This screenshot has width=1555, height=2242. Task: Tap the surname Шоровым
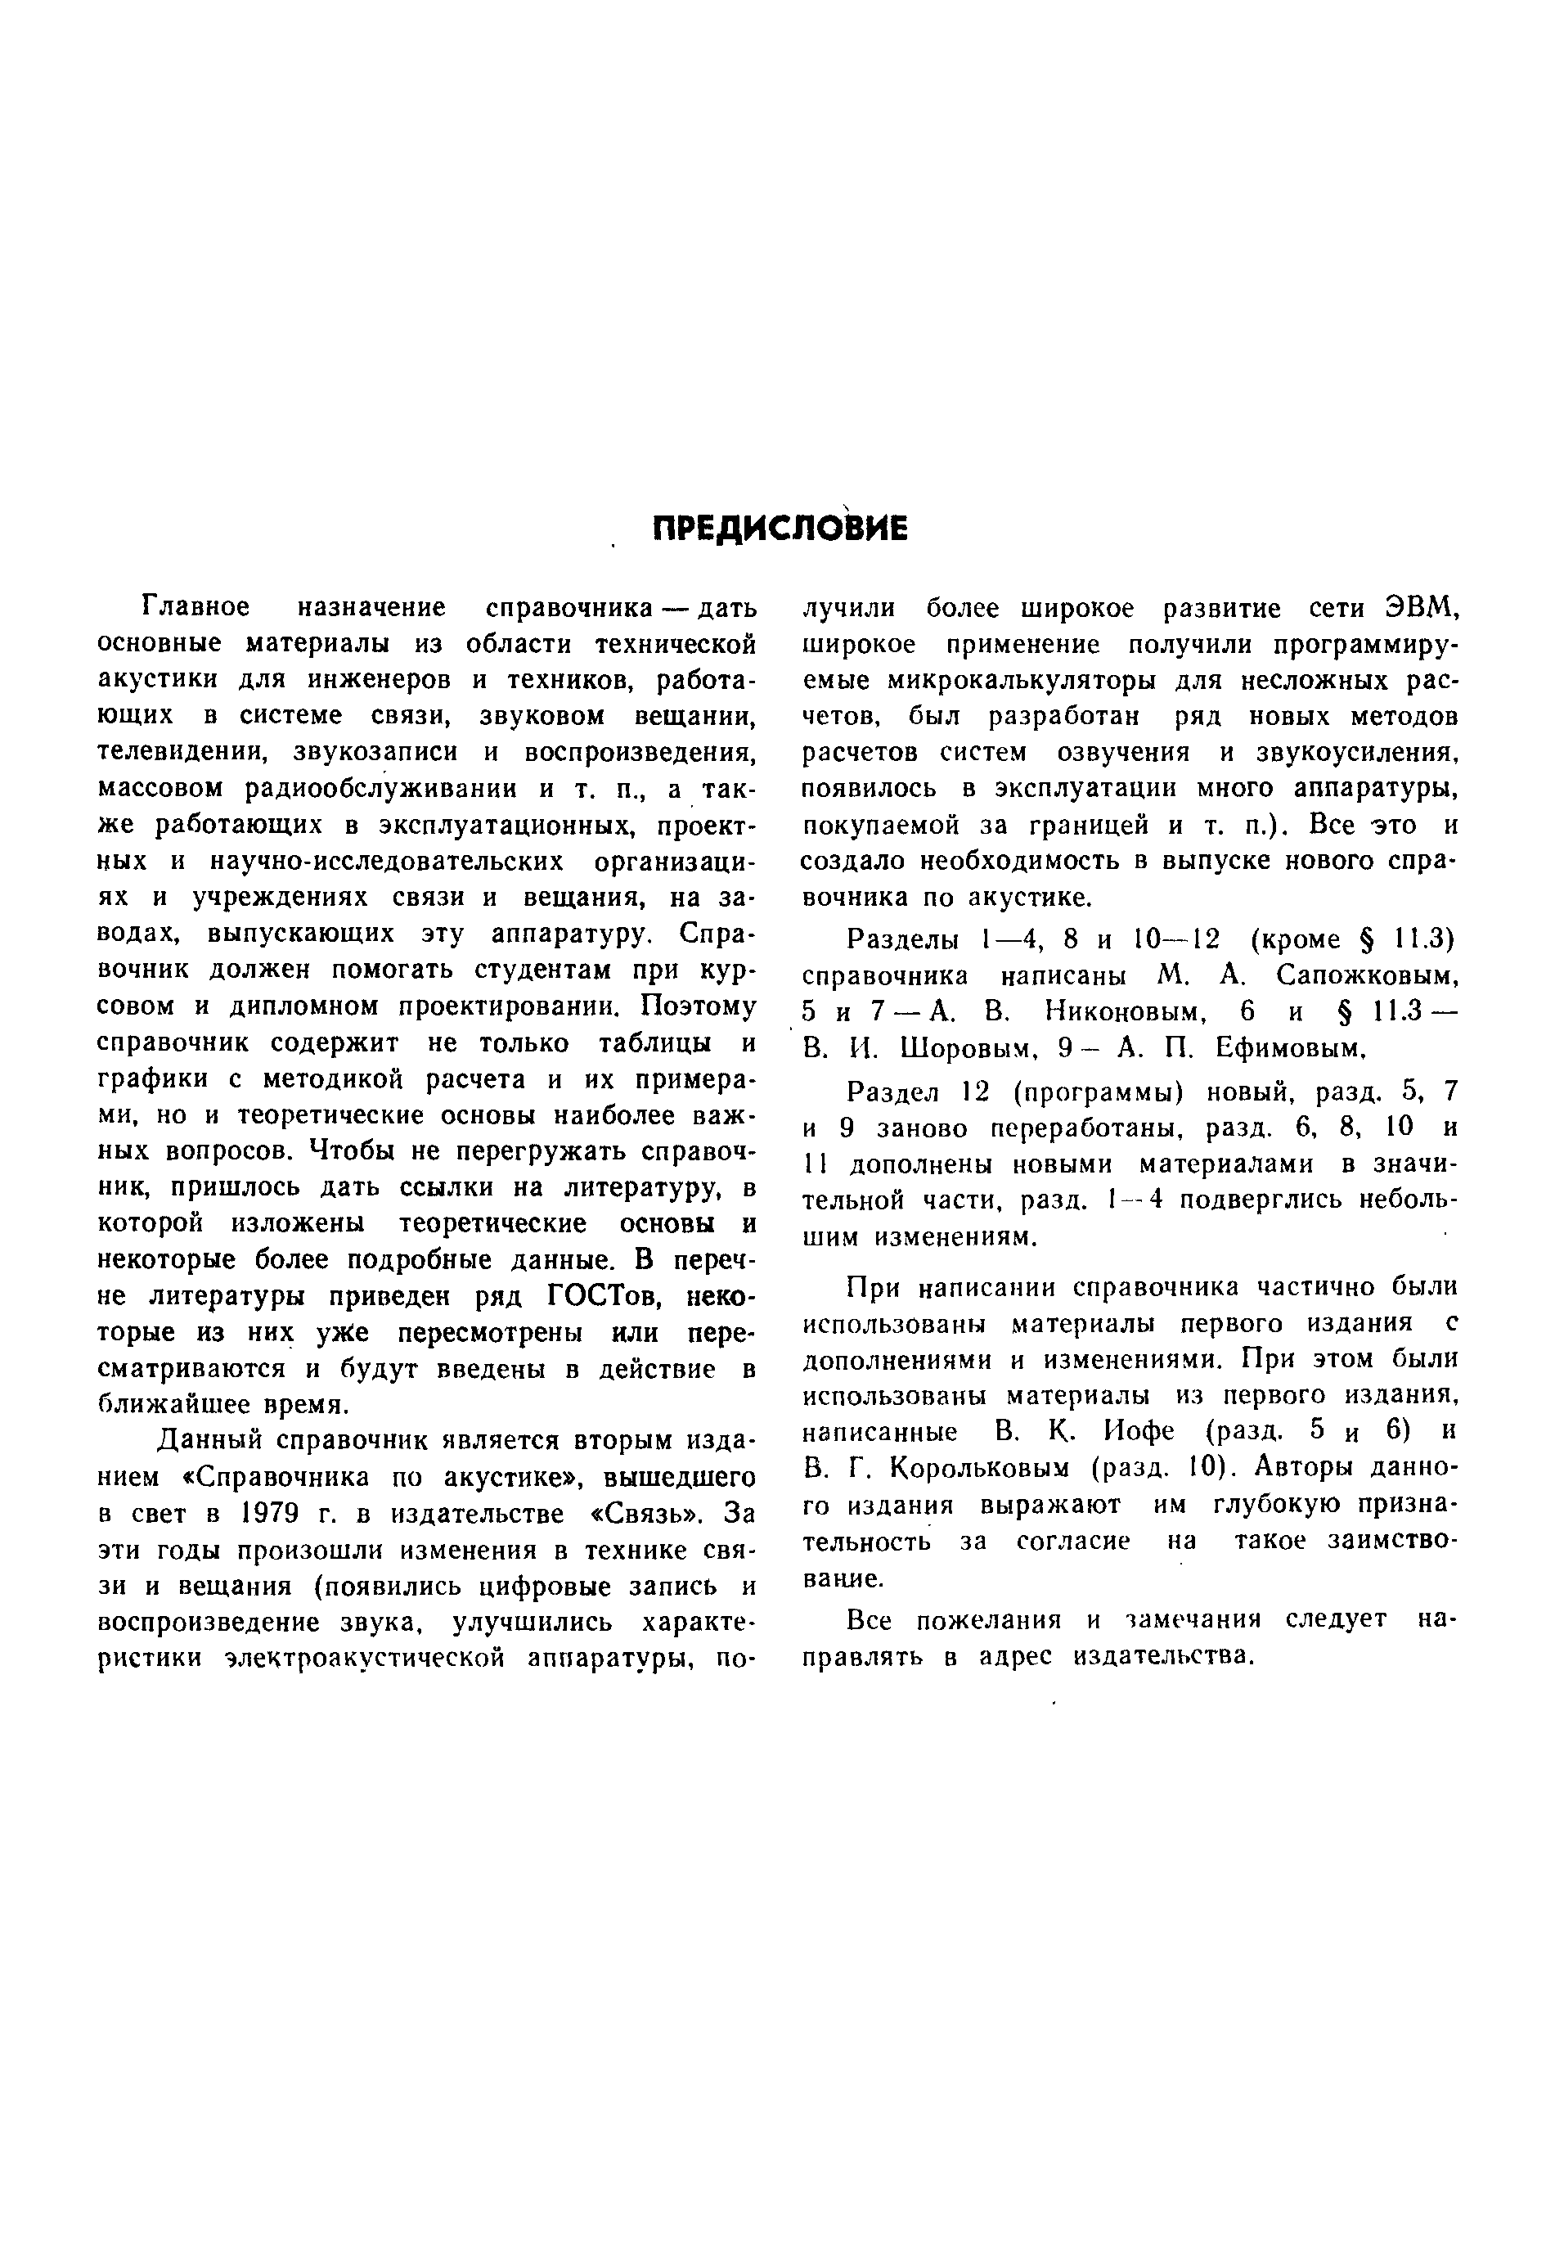(964, 1048)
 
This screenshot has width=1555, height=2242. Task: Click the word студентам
(546, 970)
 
